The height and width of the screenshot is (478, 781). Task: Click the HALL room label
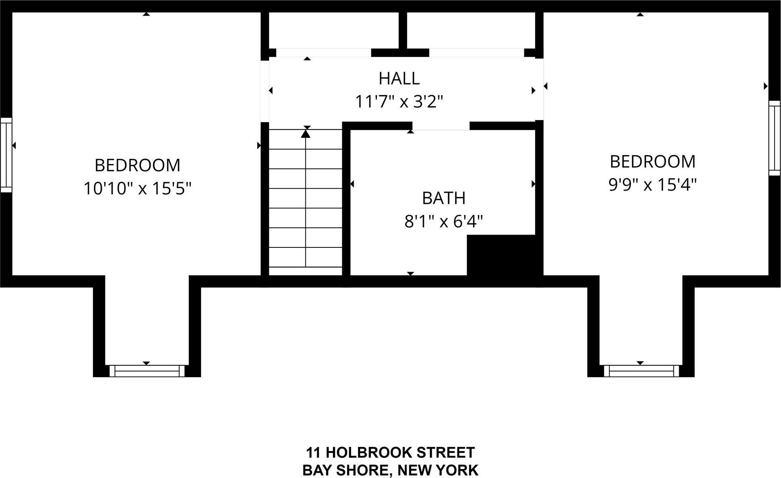399,79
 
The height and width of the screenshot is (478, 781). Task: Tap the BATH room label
444,198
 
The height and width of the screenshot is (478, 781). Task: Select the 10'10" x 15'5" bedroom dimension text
137,189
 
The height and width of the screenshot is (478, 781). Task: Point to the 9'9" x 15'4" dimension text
652,185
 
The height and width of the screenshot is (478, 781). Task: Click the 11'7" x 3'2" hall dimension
399,102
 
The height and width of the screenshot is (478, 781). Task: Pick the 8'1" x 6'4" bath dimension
444,221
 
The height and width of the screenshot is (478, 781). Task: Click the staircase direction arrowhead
306,133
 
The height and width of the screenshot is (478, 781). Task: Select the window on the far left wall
6,155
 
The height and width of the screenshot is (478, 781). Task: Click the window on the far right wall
774,138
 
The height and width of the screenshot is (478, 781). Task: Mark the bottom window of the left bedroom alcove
147,371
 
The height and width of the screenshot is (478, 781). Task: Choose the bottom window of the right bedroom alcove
641,371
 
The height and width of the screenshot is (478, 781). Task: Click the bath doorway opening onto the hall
441,126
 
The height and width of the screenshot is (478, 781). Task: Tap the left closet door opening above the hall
323,53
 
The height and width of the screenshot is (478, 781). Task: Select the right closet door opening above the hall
476,53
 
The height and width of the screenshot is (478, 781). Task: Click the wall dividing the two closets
402,30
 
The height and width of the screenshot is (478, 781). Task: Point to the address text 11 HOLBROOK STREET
390,453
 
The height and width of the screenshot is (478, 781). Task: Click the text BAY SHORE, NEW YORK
390,470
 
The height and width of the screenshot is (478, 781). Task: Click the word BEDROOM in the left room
137,165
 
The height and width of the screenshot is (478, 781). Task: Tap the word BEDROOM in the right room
652,162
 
